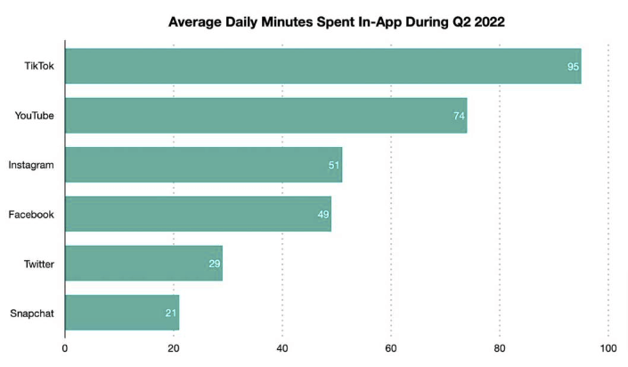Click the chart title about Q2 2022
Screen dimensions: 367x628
[x=337, y=22]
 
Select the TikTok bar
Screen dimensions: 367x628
[x=322, y=67]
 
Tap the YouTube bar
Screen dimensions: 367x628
[x=265, y=116]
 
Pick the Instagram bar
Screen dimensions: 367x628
[x=203, y=165]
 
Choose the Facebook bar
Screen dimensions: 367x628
[x=198, y=214]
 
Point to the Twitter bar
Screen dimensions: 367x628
[x=143, y=264]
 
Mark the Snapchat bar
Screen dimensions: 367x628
[x=122, y=313]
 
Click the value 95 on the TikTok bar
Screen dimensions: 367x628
[x=574, y=68]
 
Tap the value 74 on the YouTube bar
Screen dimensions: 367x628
[x=460, y=117]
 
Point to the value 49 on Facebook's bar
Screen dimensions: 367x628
[x=323, y=215]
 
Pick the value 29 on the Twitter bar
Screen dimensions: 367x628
[x=215, y=265]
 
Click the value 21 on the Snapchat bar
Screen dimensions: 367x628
[x=172, y=314]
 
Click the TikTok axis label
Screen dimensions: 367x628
[x=40, y=67]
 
